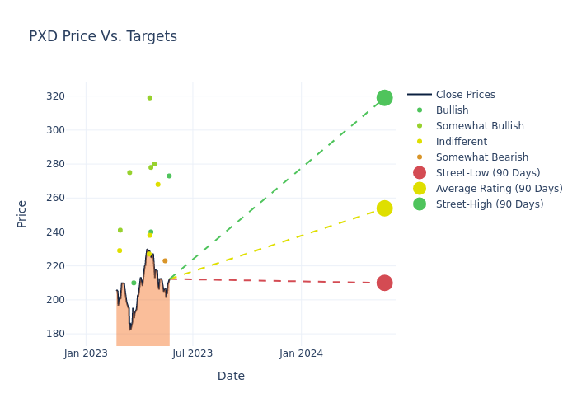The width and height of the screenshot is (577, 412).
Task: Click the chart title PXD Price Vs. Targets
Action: click(x=103, y=36)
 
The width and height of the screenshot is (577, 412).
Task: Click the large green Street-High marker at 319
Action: click(x=384, y=98)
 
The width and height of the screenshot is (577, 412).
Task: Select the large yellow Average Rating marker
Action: click(x=384, y=208)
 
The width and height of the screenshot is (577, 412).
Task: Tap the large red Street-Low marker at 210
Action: click(x=384, y=283)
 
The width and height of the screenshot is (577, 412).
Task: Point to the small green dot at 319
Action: click(x=149, y=98)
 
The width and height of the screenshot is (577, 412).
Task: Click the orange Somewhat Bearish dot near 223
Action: click(x=165, y=261)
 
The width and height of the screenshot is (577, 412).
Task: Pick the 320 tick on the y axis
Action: click(x=55, y=96)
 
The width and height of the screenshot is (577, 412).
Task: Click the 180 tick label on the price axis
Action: click(x=55, y=334)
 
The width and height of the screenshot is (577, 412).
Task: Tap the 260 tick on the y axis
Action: click(x=55, y=198)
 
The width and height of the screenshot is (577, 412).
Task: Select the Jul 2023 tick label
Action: click(x=193, y=353)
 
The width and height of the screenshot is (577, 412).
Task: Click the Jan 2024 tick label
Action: click(x=301, y=353)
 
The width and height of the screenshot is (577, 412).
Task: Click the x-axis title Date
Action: click(x=231, y=376)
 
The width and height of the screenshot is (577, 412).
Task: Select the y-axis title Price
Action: click(x=22, y=213)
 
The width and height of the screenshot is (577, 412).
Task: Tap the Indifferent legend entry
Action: click(x=461, y=142)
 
